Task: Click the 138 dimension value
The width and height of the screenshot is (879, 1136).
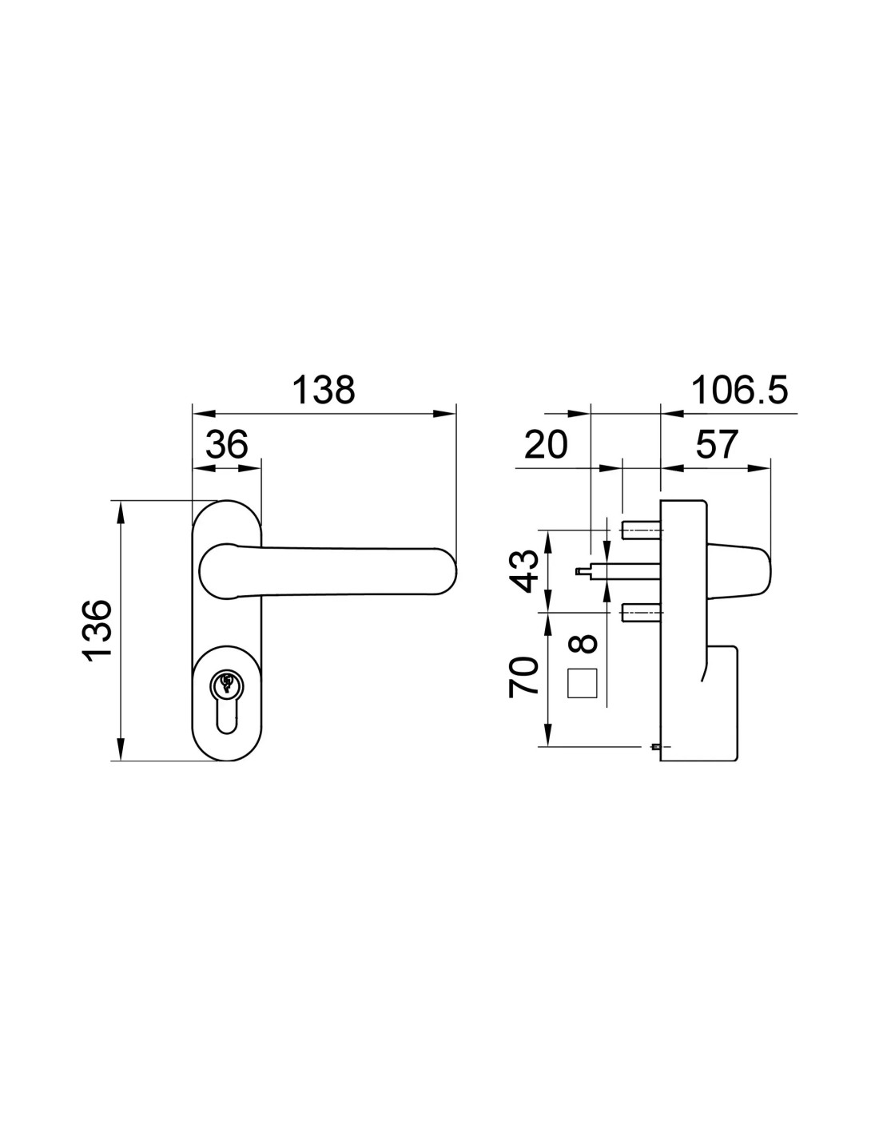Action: (323, 390)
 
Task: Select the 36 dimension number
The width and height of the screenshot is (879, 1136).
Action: (226, 445)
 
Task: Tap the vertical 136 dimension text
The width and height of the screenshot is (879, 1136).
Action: (97, 632)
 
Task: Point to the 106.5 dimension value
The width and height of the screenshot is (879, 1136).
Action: (739, 390)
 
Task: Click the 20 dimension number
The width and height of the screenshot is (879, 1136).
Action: (546, 445)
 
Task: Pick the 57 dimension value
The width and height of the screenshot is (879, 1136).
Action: (716, 445)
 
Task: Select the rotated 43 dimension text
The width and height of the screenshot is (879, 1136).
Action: (523, 571)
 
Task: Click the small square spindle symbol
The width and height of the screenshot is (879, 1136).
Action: (582, 683)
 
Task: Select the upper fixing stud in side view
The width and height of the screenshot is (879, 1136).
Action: (641, 530)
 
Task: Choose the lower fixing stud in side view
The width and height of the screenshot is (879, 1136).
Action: (641, 612)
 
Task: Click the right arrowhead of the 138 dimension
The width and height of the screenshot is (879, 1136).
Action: (444, 414)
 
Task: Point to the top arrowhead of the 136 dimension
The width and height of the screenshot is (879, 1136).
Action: (121, 512)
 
